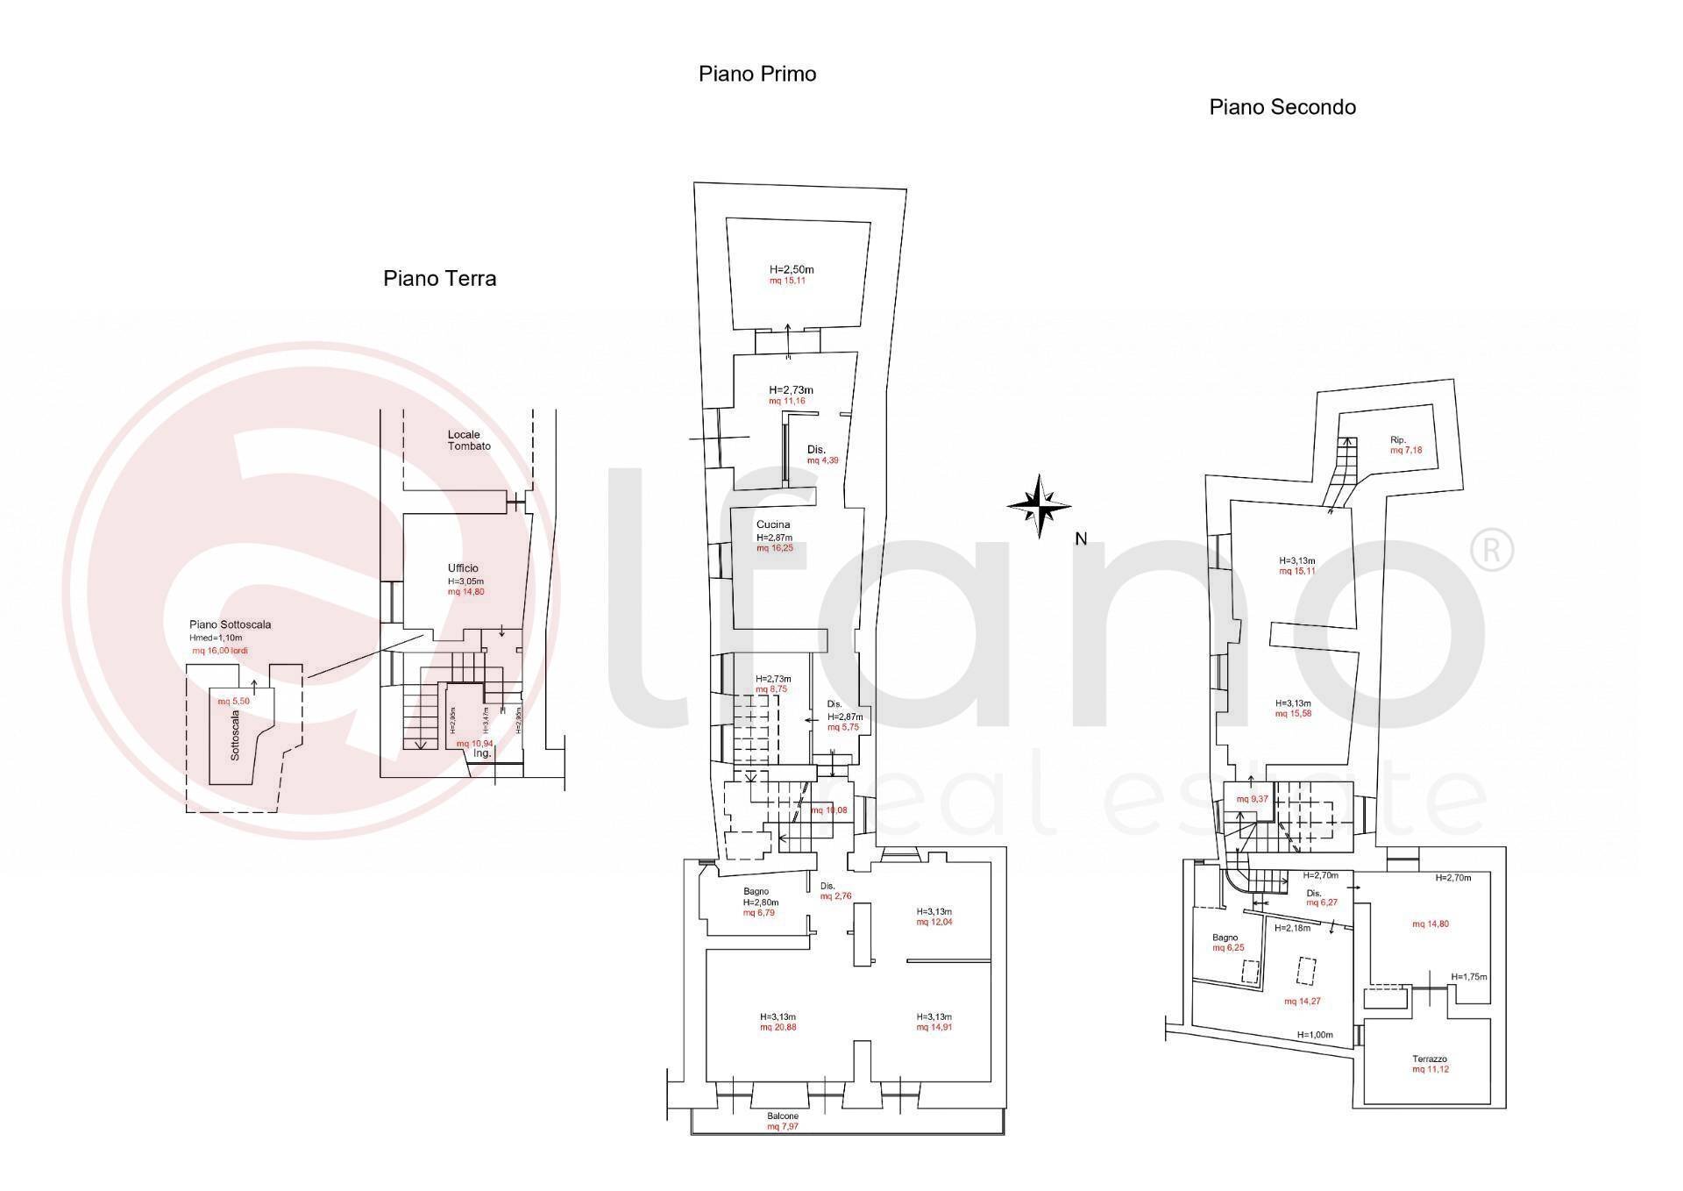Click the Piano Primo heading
tap(756, 74)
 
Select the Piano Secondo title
tap(1282, 107)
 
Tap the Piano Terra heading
tap(439, 279)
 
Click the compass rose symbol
tap(1039, 506)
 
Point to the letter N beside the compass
tap(1081, 539)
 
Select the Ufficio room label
tap(463, 568)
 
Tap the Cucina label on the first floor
tap(773, 524)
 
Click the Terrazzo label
tap(1429, 1059)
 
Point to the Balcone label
tap(783, 1116)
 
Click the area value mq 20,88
tap(778, 1027)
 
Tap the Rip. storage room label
tap(1397, 439)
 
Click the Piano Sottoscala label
tap(230, 624)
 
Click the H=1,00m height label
tap(1314, 1035)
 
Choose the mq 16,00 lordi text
tap(220, 651)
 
